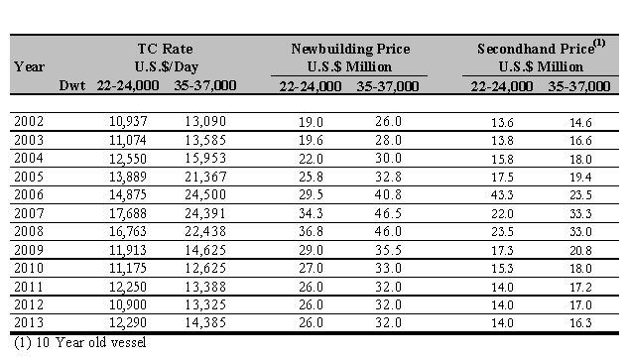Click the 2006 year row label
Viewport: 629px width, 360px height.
[x=29, y=194]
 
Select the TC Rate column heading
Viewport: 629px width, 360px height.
[x=166, y=49]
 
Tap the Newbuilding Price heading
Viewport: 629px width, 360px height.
[x=350, y=49]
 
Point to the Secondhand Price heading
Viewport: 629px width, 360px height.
[x=536, y=49]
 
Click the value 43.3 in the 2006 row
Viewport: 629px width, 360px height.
[x=502, y=195]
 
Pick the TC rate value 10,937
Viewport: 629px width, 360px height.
[x=128, y=121]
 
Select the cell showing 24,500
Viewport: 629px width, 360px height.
[x=205, y=194]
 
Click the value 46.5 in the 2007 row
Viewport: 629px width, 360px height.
[x=388, y=213]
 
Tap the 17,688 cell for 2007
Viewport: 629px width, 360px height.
[x=128, y=213]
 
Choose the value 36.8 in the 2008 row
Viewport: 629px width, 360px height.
[x=311, y=232]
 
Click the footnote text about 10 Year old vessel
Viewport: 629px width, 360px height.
[x=80, y=343]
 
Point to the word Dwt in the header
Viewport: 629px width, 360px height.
[x=72, y=85]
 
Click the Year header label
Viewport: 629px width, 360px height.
[x=29, y=66]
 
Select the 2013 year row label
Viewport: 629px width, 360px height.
[x=29, y=322]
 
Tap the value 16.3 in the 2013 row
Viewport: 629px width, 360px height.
[x=580, y=323]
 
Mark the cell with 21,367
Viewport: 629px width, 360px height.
[x=205, y=177]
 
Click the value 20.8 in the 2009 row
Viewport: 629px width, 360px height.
[x=580, y=251]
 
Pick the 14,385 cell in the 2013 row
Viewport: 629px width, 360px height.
[x=205, y=322]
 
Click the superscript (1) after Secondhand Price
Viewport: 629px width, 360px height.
[x=599, y=42]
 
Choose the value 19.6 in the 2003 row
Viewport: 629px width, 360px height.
[x=311, y=140]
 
